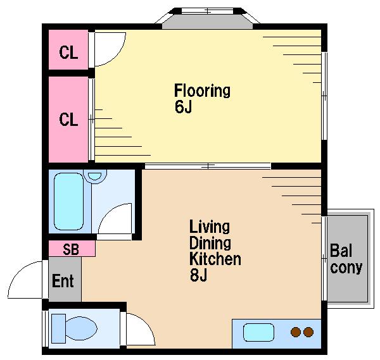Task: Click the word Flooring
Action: click(202, 91)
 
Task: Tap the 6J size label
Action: click(183, 106)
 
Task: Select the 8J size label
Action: click(198, 275)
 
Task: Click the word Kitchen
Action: click(215, 259)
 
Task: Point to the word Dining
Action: click(210, 243)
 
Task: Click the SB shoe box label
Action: click(71, 249)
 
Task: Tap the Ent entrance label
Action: click(63, 281)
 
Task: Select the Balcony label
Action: click(346, 259)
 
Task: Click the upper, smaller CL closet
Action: click(68, 49)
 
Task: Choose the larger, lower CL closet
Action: click(68, 120)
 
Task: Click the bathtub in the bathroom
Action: click(69, 201)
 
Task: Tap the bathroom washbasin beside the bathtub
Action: click(95, 176)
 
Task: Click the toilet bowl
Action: click(81, 328)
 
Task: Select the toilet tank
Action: click(59, 328)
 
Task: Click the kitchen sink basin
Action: click(258, 332)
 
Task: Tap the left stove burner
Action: click(296, 332)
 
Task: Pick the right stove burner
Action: click(308, 332)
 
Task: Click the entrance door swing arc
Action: click(18, 273)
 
